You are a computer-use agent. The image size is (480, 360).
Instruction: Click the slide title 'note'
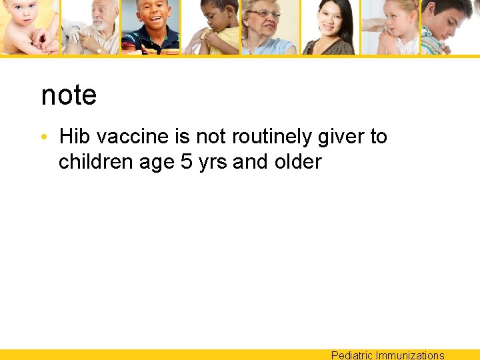69,95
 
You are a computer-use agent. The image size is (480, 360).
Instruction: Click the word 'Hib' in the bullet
75,137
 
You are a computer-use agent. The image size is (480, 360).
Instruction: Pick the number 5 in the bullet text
187,162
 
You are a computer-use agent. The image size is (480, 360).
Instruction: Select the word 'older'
298,162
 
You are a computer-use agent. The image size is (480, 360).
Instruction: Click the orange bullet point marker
43,137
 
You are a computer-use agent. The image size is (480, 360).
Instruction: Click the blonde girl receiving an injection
393,27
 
